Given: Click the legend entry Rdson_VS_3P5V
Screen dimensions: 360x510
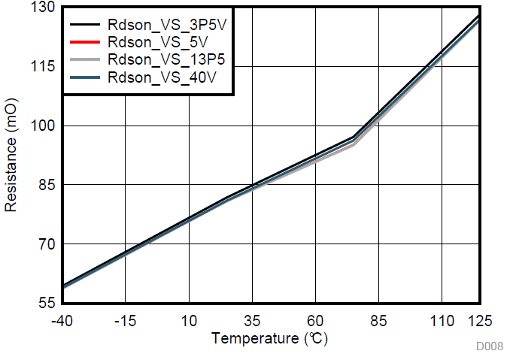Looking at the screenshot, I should pyautogui.click(x=167, y=23).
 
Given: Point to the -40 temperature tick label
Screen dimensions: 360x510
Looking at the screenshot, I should pyautogui.click(x=62, y=320).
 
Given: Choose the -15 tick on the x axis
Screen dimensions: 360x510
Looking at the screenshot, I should pyautogui.click(x=125, y=320).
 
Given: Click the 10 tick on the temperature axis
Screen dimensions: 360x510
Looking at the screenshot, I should pyautogui.click(x=189, y=320).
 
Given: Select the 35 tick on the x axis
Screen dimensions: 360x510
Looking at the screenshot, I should pyautogui.click(x=252, y=320).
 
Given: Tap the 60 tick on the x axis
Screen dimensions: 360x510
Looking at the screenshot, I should pyautogui.click(x=315, y=320).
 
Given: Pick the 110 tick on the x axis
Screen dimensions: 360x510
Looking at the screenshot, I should pyautogui.click(x=442, y=320).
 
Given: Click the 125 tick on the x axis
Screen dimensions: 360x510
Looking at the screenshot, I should pyautogui.click(x=479, y=320).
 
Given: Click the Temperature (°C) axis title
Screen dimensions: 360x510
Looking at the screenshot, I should pyautogui.click(x=270, y=339).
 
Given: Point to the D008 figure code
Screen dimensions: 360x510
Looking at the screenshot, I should pyautogui.click(x=489, y=347).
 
